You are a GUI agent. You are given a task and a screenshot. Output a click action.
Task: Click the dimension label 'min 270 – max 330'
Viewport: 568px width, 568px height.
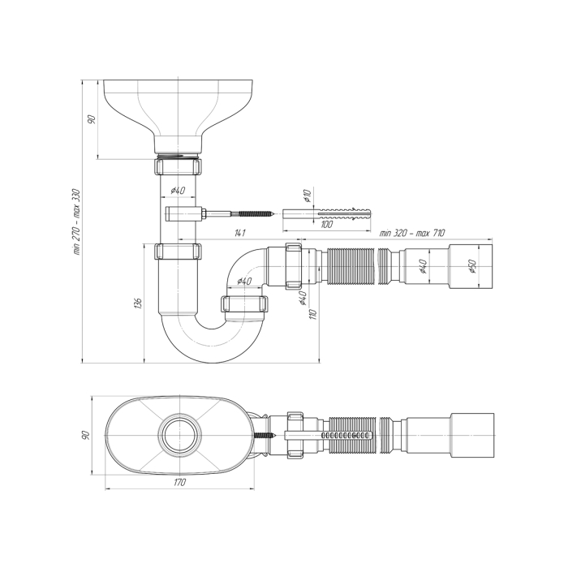78,222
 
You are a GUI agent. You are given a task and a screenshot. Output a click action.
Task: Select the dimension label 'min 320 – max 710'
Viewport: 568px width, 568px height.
412,233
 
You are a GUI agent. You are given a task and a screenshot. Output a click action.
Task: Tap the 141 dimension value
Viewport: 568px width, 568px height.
239,233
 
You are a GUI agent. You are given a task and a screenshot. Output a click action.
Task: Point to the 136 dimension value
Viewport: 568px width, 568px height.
138,303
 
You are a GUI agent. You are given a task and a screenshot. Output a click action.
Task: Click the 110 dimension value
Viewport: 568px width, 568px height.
314,314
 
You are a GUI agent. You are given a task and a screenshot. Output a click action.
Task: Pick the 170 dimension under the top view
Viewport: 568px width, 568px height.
179,482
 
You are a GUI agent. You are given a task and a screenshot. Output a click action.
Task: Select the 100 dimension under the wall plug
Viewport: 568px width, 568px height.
326,225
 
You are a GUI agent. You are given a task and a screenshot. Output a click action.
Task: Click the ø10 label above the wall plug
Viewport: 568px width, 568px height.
308,196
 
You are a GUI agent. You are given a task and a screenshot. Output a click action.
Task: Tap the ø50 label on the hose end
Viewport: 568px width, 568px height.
472,266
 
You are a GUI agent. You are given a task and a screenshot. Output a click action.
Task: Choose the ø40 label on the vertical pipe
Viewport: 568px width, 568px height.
178,190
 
